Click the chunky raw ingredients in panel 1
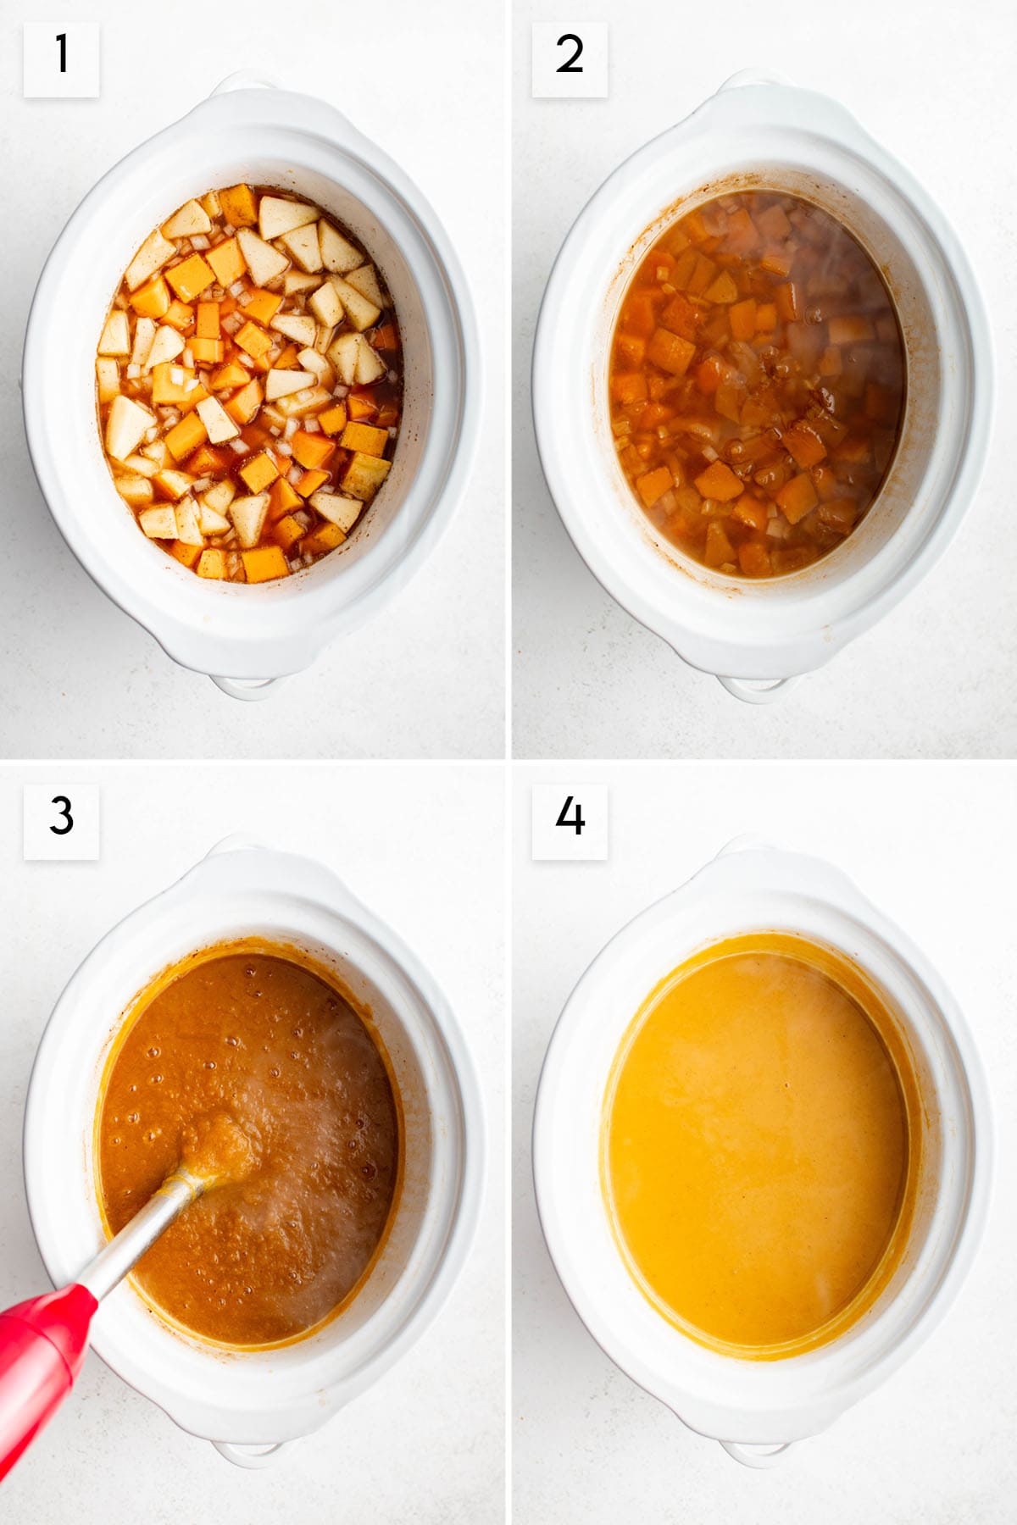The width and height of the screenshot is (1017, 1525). click(250, 381)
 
